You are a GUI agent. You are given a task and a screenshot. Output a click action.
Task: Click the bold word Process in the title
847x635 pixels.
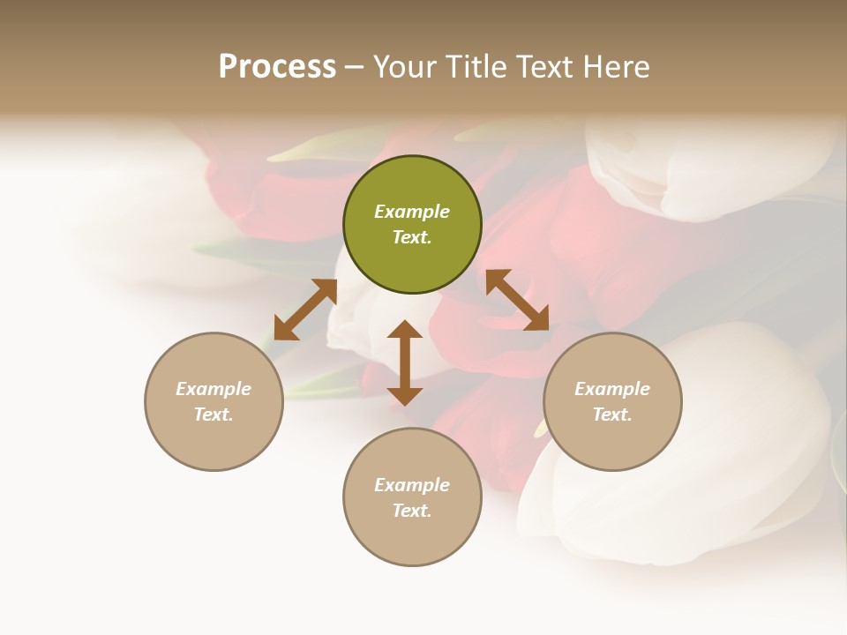[x=277, y=67]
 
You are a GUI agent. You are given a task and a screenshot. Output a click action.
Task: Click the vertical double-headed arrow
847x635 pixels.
[x=405, y=362]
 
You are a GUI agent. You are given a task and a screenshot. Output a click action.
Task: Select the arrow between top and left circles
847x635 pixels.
[x=305, y=310]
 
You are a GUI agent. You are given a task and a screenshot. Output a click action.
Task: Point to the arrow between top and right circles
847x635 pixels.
[x=517, y=300]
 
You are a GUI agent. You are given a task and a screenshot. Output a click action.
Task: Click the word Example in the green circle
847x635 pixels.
[x=412, y=212]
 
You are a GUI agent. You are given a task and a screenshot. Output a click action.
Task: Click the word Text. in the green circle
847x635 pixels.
[x=412, y=237]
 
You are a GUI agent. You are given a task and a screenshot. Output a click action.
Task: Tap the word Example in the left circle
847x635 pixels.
[x=214, y=389]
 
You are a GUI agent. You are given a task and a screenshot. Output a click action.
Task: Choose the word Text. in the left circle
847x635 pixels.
[x=214, y=415]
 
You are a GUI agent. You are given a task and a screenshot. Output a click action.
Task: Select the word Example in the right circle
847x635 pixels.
[x=612, y=389]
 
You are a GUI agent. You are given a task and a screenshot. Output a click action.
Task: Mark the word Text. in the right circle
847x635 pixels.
[x=612, y=415]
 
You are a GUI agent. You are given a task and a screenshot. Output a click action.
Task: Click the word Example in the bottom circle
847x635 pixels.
[x=412, y=485]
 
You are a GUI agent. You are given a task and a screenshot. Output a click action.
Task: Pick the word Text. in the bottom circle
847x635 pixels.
[x=412, y=511]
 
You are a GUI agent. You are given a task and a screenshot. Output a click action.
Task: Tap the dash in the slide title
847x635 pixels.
[x=354, y=68]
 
